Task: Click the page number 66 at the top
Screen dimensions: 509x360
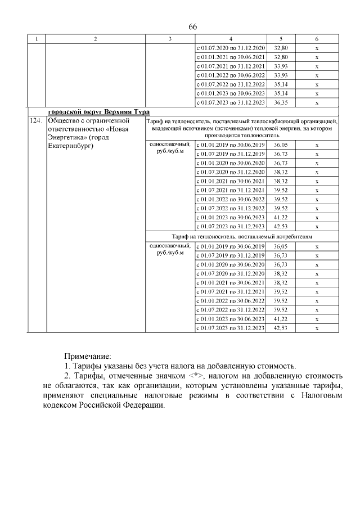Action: point(192,28)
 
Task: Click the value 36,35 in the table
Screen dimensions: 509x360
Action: point(280,102)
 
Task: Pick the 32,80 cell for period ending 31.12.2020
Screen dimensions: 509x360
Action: point(280,48)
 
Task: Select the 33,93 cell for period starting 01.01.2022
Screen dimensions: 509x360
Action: point(280,75)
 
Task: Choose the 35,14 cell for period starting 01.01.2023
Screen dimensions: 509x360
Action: point(280,93)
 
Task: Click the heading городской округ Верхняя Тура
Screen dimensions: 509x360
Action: point(98,112)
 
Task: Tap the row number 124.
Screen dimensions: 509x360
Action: point(36,121)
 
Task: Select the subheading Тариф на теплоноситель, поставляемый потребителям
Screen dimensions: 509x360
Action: point(242,236)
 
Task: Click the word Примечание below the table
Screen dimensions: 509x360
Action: point(88,355)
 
